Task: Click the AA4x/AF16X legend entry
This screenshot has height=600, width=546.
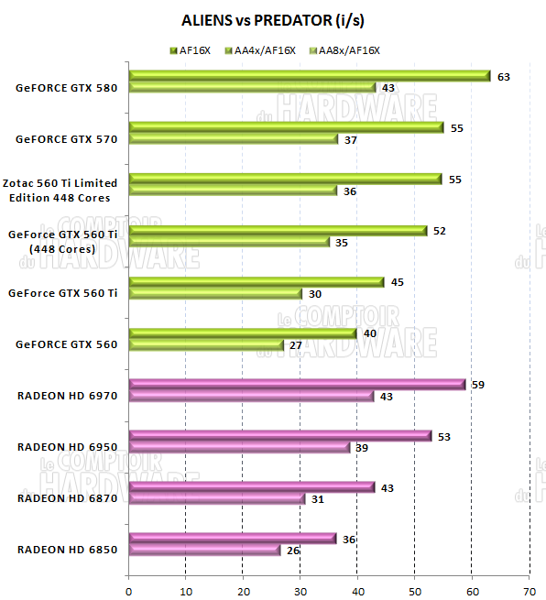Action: click(264, 49)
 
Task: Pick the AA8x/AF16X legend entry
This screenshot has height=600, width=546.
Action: click(347, 49)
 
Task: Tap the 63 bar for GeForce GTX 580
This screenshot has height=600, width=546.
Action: click(310, 76)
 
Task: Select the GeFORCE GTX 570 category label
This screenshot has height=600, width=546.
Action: click(67, 140)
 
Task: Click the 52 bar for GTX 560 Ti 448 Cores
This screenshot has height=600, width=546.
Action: click(278, 231)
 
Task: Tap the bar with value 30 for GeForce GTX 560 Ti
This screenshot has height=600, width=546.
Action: click(215, 293)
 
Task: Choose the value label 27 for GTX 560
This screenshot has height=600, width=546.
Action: click(296, 345)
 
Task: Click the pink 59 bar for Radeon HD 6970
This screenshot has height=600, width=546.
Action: click(297, 385)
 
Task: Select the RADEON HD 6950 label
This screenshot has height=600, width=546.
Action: click(67, 447)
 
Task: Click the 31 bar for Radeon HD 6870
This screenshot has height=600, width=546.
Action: click(217, 498)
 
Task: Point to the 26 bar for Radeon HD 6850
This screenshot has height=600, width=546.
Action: click(204, 550)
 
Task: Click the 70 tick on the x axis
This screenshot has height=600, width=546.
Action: click(529, 580)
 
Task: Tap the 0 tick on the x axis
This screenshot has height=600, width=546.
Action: click(129, 580)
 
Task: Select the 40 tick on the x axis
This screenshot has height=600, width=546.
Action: click(357, 580)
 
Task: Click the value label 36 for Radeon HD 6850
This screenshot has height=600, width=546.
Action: click(349, 539)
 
